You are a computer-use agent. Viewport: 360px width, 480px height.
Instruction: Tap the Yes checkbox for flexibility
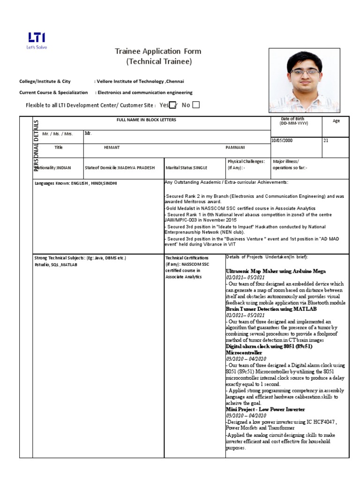point(172,105)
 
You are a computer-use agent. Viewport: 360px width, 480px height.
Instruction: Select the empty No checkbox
point(196,105)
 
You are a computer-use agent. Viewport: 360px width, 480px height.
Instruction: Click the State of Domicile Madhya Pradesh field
point(120,168)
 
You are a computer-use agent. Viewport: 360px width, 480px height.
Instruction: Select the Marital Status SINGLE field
point(186,168)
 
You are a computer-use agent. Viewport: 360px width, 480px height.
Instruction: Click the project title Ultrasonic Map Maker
point(276,271)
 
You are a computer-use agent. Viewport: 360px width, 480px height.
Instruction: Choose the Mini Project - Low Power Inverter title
point(265,409)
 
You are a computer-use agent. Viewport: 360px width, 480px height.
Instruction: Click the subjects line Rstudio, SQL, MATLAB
point(56,265)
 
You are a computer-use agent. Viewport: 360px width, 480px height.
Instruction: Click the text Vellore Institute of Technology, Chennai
point(140,82)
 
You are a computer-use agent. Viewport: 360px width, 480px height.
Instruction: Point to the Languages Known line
point(75,183)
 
